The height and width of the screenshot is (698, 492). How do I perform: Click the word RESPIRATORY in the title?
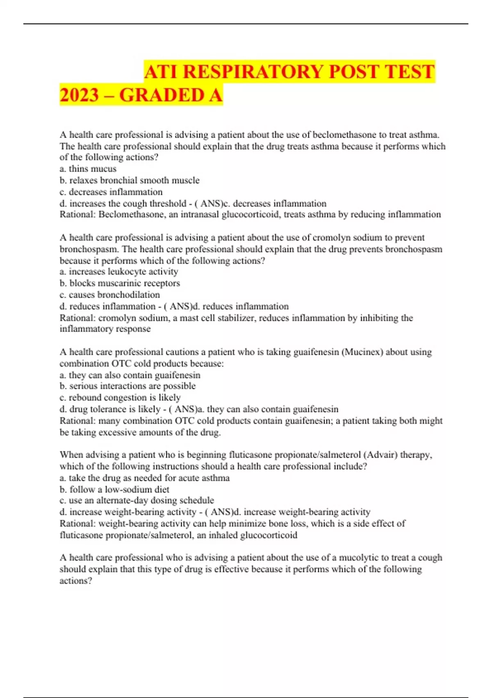click(253, 72)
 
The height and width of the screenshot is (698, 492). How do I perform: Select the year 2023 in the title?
click(80, 95)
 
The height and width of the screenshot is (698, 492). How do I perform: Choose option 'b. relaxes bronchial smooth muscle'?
click(130, 180)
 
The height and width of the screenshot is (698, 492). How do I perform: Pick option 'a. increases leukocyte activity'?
click(119, 271)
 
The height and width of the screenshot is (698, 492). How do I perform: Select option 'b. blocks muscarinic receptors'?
click(120, 283)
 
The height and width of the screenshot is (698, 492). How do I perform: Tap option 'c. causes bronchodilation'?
click(110, 294)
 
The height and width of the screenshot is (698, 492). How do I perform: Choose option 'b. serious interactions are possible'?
click(128, 386)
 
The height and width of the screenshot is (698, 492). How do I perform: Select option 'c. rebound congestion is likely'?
click(120, 397)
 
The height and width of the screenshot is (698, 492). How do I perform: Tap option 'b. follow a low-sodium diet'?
click(114, 489)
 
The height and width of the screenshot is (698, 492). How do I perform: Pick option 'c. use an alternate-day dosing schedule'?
click(137, 500)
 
